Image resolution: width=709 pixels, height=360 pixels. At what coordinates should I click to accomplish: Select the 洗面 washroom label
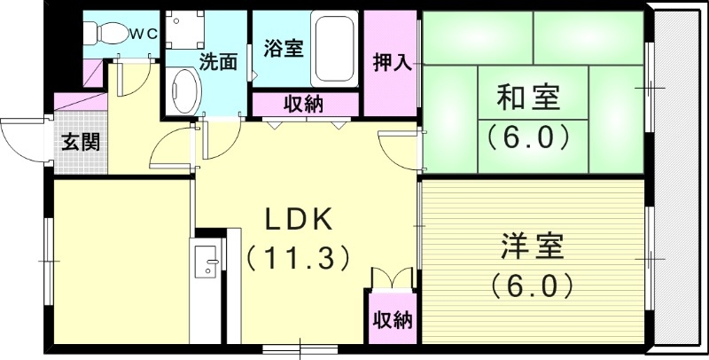click(x=217, y=62)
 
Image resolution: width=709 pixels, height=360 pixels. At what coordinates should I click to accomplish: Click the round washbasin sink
click(x=184, y=92)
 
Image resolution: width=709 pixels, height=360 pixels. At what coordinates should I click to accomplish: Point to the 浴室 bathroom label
click(x=284, y=48)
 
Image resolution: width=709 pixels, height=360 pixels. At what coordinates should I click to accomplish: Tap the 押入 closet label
click(x=390, y=63)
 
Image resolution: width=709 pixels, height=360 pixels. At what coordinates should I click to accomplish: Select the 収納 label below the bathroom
click(x=303, y=104)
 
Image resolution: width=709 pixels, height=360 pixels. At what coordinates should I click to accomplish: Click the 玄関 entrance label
click(x=80, y=142)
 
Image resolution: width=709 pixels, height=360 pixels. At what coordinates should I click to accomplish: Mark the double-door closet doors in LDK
click(x=391, y=278)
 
